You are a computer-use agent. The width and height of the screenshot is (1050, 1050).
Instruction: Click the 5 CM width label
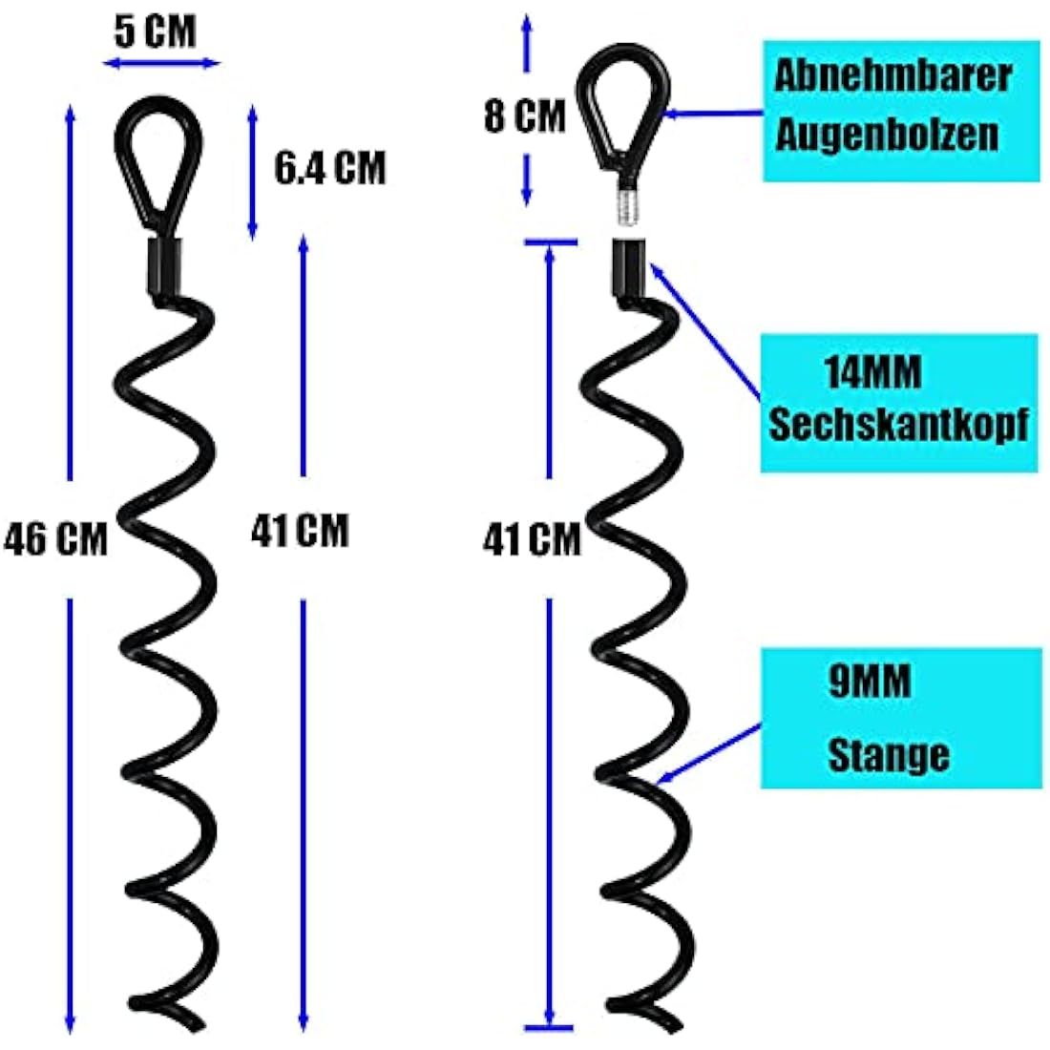pyautogui.click(x=155, y=31)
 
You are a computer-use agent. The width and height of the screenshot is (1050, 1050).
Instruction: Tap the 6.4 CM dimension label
pyautogui.click(x=329, y=169)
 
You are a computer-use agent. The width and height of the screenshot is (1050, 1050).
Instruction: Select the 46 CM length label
pyautogui.click(x=55, y=539)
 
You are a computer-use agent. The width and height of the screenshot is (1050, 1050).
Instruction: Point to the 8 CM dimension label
pyautogui.click(x=524, y=117)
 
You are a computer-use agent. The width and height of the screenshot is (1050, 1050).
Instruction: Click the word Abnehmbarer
pyautogui.click(x=892, y=77)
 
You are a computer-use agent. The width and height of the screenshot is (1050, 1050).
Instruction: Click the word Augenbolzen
pyautogui.click(x=887, y=136)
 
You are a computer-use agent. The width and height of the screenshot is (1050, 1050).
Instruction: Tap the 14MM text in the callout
pyautogui.click(x=873, y=371)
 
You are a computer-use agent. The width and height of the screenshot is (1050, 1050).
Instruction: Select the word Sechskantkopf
pyautogui.click(x=898, y=425)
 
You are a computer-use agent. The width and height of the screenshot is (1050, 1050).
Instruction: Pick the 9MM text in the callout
pyautogui.click(x=870, y=682)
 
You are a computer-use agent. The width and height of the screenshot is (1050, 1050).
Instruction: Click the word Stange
pyautogui.click(x=888, y=755)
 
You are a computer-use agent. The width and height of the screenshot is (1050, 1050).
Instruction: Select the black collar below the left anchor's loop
pyautogui.click(x=166, y=266)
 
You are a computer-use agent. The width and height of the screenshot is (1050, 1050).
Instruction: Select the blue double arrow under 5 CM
pyautogui.click(x=161, y=64)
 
